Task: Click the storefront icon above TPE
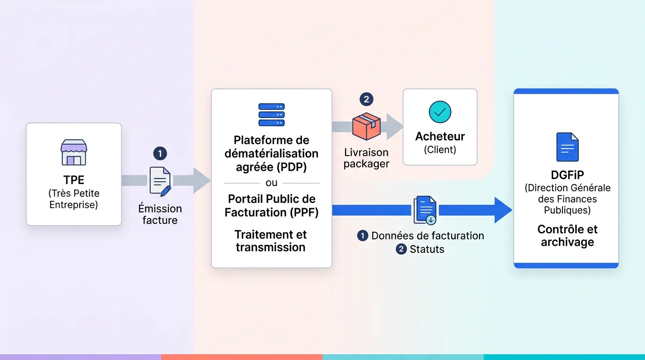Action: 74,152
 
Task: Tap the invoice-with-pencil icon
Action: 160,181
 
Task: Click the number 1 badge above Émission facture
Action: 160,153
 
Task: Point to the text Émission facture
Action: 160,214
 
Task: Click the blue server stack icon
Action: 271,115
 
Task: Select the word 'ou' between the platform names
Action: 271,183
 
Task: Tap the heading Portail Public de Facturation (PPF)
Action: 271,205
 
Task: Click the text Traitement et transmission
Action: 271,240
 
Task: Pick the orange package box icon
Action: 366,126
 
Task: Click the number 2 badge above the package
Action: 366,99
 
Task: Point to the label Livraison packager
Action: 366,158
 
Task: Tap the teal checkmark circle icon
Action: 440,112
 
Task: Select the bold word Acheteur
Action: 440,136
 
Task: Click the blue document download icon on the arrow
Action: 425,210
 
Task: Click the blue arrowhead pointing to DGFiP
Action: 503,210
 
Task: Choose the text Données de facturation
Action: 427,236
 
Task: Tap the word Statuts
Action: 427,249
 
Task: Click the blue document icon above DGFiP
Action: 567,147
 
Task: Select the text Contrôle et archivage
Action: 567,236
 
